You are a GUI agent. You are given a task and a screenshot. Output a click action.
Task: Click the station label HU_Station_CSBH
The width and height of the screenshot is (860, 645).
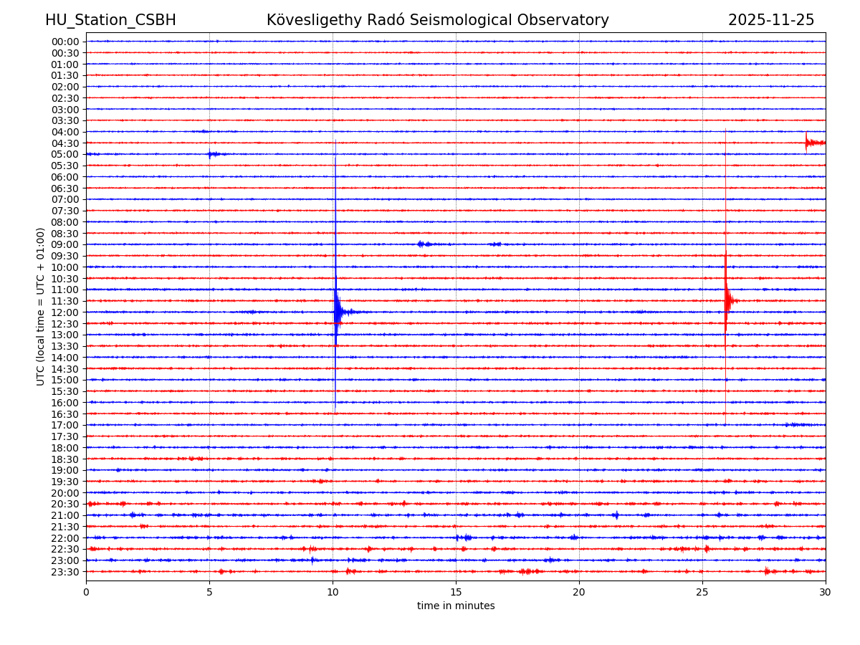pos(110,20)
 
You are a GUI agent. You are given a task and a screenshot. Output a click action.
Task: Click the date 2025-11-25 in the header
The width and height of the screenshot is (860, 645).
pos(771,20)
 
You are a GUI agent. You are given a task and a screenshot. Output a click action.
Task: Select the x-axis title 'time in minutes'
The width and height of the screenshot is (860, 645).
pos(456,606)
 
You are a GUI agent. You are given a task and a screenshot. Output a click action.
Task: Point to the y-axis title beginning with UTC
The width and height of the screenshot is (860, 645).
pos(41,306)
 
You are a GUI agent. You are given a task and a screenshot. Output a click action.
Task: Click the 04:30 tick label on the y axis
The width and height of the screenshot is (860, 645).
pos(65,143)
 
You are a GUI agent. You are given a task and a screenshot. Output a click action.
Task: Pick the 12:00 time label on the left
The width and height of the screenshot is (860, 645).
pos(65,312)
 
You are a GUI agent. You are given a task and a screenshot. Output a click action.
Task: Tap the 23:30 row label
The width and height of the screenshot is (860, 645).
pos(65,572)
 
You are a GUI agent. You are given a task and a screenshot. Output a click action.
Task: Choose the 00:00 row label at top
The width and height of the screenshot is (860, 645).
pos(65,42)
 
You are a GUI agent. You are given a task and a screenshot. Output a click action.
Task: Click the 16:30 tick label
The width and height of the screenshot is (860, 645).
pos(65,414)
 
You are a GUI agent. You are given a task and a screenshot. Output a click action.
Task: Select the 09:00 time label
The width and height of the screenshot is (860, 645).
pos(65,244)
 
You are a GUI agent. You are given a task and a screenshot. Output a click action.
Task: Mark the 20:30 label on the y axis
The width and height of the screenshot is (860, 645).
pos(65,505)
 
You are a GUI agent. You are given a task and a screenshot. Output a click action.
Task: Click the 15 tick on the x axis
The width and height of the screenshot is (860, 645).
pos(456,592)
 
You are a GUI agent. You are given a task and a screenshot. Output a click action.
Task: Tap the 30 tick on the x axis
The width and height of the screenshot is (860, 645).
pos(826,592)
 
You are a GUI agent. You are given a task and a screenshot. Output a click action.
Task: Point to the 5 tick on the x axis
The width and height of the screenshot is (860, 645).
pos(209,592)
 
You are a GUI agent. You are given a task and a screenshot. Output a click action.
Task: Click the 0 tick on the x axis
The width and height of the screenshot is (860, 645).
pos(86,592)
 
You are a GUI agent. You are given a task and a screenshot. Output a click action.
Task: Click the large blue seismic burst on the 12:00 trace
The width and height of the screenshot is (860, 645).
pos(338,312)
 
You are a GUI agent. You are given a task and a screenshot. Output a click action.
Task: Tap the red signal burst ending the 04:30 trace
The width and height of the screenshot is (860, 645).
pos(813,143)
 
